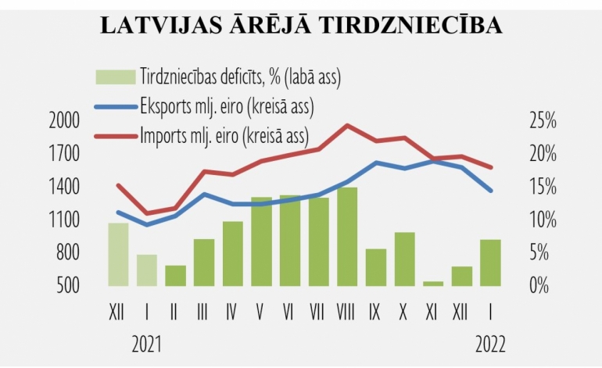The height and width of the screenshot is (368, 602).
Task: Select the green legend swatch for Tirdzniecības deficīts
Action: pos(116,77)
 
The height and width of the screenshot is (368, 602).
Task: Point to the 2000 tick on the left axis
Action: pos(64,121)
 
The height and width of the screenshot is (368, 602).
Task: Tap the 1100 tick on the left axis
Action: pos(64,220)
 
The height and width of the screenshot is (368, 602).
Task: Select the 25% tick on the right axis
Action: pos(539,121)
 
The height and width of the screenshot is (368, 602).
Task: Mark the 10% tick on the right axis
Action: pos(539,220)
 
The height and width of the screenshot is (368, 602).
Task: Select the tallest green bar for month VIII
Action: pos(347,237)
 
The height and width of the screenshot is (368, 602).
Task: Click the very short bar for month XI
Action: pos(433,284)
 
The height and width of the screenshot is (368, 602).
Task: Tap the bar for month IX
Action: pos(376,267)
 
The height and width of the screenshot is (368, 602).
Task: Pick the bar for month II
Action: pos(175,276)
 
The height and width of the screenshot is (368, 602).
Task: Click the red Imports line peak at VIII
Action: pos(347,125)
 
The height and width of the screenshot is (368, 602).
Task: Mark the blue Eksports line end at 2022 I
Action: pos(490,191)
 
